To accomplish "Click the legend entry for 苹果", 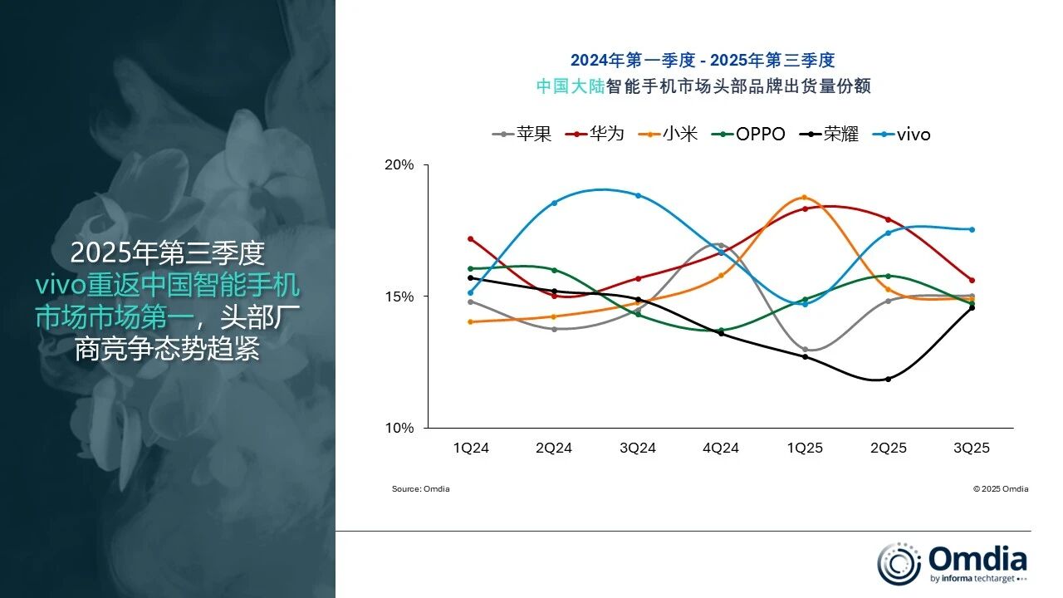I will [522, 134].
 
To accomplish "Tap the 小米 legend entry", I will [669, 134].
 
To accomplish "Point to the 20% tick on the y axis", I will [399, 164].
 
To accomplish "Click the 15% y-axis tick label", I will [399, 297].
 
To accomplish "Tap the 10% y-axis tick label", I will [399, 428].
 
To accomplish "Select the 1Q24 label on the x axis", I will [471, 448].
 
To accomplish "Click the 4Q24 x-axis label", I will [721, 448].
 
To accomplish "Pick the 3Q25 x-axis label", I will [971, 448].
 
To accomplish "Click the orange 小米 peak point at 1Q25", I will [804, 198].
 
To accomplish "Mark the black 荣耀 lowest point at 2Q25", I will [888, 379].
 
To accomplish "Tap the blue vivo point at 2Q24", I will [554, 203].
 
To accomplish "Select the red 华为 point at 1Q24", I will [471, 239].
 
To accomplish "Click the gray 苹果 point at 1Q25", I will [804, 350].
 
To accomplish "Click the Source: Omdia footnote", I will [420, 489].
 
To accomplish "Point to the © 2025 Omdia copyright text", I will [1000, 489].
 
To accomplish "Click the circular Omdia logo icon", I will [899, 562].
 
